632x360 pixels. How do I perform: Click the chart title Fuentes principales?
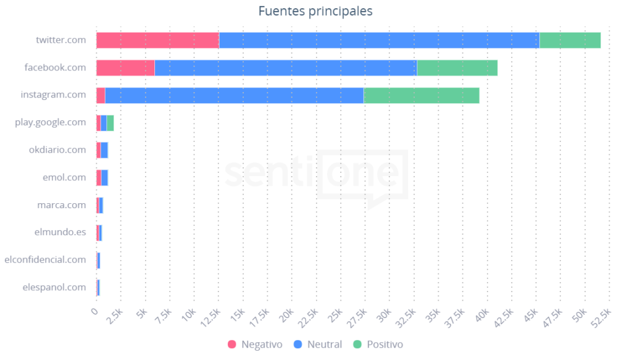click(x=315, y=11)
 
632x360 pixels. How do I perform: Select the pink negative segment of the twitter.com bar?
click(x=157, y=40)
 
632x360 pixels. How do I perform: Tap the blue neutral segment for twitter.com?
click(x=379, y=40)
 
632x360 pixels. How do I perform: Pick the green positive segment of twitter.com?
click(x=570, y=40)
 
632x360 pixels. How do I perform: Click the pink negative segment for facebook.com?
click(x=125, y=67)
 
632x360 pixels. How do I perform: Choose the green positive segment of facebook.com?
click(x=457, y=67)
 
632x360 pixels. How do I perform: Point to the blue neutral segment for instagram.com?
click(x=234, y=95)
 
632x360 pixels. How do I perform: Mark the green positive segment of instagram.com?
click(x=421, y=95)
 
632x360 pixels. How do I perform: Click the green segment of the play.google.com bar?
click(x=110, y=123)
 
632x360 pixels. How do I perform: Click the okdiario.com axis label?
click(x=57, y=149)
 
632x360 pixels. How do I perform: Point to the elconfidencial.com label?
click(x=45, y=259)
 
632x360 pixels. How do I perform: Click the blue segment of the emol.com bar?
click(x=104, y=178)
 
